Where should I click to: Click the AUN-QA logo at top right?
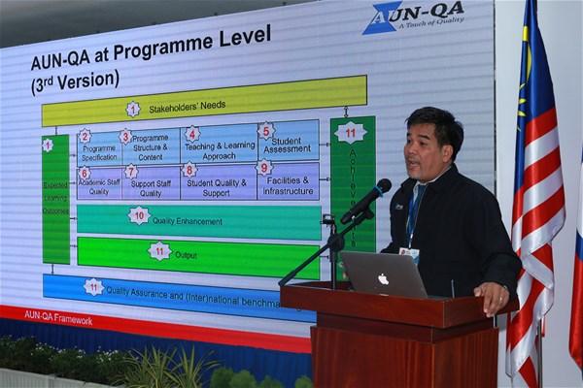pos(414,16)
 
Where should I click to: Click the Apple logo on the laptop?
pos(383,278)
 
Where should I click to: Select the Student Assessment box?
pos(288,142)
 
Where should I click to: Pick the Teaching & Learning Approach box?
pos(219,144)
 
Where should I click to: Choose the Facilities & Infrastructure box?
pos(288,180)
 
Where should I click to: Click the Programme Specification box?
pos(99,146)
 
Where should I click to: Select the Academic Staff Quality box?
pos(98,183)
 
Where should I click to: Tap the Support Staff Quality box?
pos(151,182)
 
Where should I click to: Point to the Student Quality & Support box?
pos(219,181)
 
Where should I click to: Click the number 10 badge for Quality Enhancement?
pos(139,215)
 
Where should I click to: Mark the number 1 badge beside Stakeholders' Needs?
pos(133,109)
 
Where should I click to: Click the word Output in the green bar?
pos(186,254)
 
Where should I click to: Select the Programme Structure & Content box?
pos(150,146)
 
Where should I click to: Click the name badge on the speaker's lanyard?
pos(410,254)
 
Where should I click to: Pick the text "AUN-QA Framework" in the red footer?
pos(58,317)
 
